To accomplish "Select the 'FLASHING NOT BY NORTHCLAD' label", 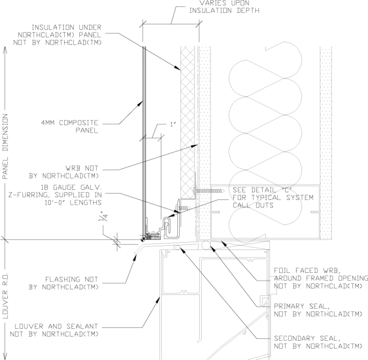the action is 72,283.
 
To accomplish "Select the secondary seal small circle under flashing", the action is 177,247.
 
